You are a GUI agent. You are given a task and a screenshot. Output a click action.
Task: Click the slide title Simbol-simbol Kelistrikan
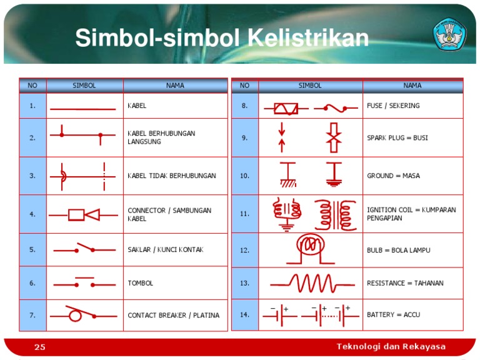222,39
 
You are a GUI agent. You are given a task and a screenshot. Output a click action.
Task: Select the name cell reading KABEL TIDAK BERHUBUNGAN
172,176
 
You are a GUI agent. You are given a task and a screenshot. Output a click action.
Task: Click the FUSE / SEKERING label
393,106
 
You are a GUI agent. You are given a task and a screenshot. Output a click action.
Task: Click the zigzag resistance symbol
310,283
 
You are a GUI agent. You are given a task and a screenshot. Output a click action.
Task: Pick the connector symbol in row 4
84,214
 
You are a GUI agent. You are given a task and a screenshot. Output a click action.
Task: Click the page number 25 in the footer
40,347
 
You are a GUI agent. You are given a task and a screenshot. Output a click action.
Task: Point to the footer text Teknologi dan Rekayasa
391,347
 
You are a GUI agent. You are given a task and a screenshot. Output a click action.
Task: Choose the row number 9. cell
244,137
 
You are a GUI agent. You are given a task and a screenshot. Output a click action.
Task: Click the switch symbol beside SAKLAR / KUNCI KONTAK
84,248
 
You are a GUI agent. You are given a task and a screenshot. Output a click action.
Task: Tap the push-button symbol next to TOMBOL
84,282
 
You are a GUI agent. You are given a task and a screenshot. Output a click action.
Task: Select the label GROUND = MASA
393,176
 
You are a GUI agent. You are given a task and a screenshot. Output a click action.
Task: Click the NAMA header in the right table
412,86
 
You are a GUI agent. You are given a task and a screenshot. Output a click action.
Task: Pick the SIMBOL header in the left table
84,86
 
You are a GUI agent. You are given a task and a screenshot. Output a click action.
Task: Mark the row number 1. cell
32,106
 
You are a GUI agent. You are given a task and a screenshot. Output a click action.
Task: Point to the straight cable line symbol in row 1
83,109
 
